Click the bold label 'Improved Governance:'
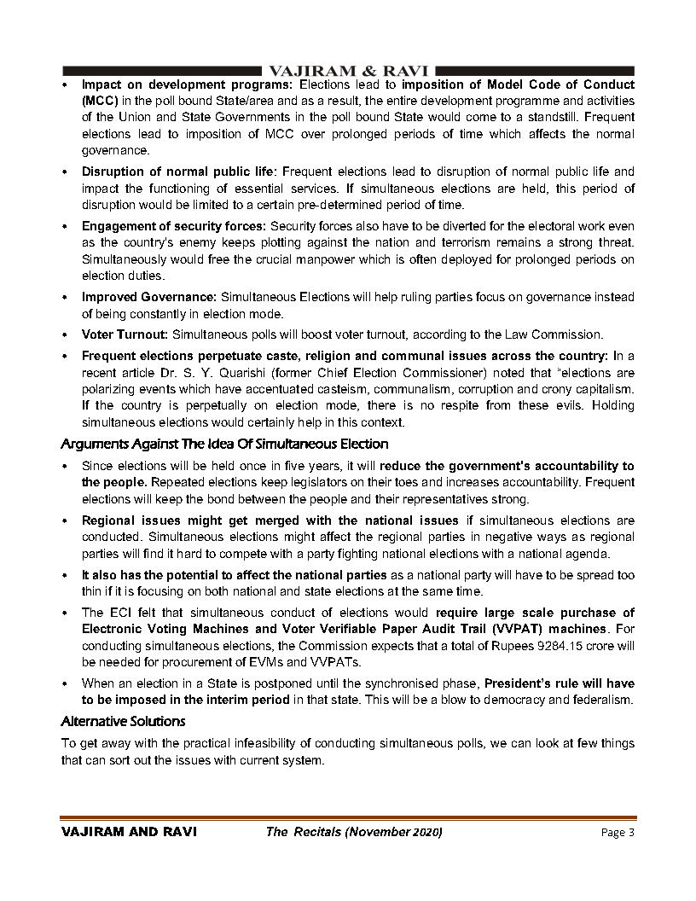pos(149,297)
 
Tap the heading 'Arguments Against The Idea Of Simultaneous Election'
pos(224,445)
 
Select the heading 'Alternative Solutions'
pos(123,722)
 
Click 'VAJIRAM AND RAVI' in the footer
pos(129,832)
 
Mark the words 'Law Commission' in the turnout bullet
pos(563,334)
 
